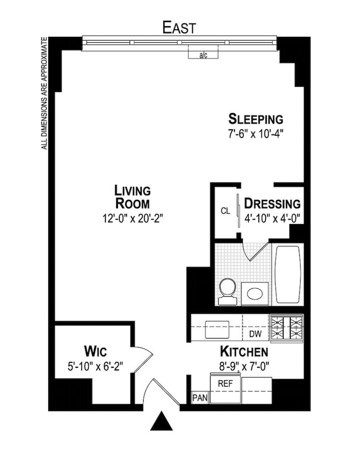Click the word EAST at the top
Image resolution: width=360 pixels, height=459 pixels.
179,28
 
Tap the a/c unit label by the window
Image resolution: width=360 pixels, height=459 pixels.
203,55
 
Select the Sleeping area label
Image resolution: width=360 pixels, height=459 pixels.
256,119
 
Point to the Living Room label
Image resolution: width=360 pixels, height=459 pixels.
132,197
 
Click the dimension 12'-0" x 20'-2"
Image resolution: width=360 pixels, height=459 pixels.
132,218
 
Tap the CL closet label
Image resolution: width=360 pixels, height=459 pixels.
225,211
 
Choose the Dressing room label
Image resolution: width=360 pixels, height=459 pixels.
272,203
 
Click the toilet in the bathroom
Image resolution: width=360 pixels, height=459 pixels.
228,291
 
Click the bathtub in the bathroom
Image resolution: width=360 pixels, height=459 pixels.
288,274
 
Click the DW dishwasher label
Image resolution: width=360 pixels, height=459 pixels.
255,334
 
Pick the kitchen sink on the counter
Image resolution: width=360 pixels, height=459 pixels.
217,329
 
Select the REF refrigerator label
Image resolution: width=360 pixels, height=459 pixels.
225,383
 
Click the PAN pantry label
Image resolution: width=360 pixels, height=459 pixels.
200,398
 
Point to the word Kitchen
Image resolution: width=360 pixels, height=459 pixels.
244,351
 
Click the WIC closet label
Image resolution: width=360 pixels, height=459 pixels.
95,351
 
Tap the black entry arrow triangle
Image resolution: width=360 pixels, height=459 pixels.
161,420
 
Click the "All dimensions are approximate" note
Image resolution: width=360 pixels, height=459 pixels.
44,93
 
